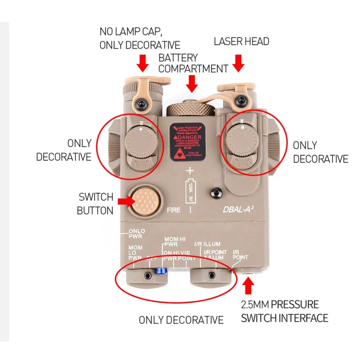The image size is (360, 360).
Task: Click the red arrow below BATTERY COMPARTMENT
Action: tap(193, 83)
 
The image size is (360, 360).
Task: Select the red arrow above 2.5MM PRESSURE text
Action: tap(248, 285)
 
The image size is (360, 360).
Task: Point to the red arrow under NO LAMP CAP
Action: tap(143, 63)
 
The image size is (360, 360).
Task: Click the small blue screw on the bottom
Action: tap(161, 271)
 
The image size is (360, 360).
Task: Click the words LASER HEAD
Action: tap(241, 42)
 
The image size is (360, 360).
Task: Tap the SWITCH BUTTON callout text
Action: tap(95, 204)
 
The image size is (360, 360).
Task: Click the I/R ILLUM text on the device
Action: tap(207, 243)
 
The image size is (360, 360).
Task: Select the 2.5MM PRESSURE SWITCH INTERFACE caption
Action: tap(284, 311)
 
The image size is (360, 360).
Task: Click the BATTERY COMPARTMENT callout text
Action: tap(193, 63)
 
